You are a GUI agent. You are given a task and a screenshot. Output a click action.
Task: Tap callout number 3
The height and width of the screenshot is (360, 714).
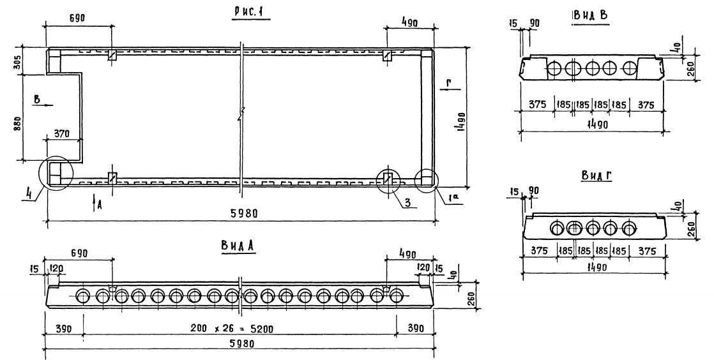[404, 204]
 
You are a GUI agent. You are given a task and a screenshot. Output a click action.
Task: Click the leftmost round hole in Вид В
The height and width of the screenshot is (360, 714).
[555, 68]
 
